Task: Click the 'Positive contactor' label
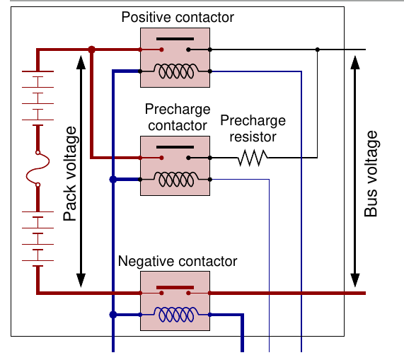(178, 18)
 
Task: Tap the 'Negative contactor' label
(178, 262)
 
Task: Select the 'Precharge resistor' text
(253, 128)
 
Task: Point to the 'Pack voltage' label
(70, 173)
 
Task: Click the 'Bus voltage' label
(371, 173)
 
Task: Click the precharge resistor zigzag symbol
(253, 158)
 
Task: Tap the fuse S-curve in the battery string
(38, 168)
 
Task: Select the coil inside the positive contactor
(176, 71)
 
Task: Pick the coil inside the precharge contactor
(176, 179)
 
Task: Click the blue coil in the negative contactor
(176, 315)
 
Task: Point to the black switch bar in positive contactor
(175, 39)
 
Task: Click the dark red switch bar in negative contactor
(175, 287)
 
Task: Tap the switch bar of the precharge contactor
(175, 147)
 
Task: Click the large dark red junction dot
(91, 50)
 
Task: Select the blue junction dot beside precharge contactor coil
(113, 179)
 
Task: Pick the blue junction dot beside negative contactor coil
(113, 315)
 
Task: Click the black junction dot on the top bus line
(318, 50)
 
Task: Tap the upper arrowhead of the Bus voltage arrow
(355, 62)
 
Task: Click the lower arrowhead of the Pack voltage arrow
(81, 280)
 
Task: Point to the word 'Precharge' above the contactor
(178, 109)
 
